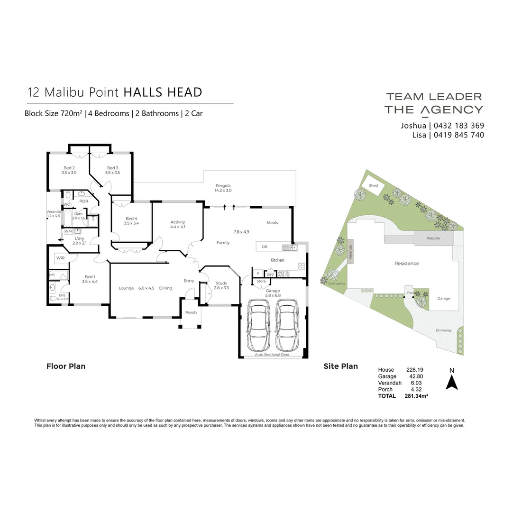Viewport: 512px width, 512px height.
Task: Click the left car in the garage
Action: pos(259,326)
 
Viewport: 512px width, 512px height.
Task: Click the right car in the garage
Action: pos(287,326)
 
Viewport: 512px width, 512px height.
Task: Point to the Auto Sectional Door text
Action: pos(272,355)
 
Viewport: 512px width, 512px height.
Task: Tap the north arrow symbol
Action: pos(452,382)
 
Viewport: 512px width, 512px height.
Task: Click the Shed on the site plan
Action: pos(374,185)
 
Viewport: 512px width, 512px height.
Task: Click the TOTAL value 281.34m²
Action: pos(416,396)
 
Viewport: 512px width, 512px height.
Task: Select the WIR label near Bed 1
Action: pos(60,258)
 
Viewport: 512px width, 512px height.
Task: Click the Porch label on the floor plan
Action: pos(191,312)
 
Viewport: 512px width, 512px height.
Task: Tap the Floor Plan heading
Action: pos(66,366)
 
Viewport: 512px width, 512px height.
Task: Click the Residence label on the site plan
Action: pos(407,264)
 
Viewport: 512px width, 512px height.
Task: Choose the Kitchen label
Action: pos(277,260)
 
